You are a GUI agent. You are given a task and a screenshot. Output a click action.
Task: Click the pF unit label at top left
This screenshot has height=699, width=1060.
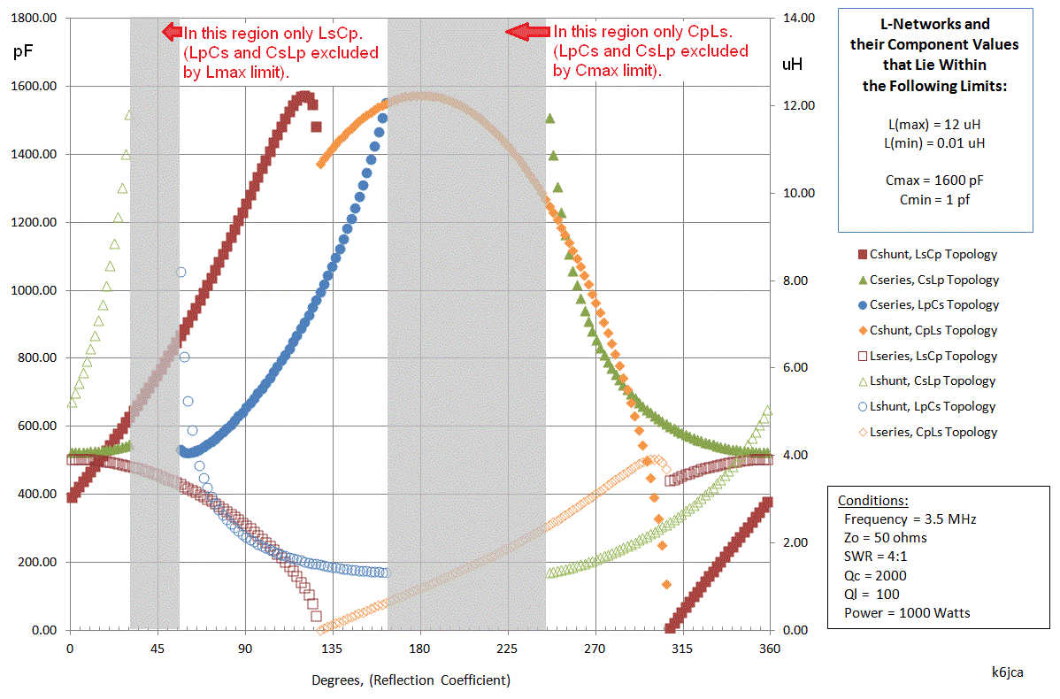coord(24,51)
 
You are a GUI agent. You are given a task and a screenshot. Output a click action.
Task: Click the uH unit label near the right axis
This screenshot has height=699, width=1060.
coord(792,64)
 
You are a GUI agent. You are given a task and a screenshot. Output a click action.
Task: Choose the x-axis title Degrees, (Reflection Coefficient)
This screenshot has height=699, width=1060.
coord(411,680)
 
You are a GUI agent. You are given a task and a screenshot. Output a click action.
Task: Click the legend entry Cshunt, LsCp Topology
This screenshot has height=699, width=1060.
coord(933,254)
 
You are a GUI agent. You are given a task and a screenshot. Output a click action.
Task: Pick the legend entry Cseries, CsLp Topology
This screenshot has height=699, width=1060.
coord(934,280)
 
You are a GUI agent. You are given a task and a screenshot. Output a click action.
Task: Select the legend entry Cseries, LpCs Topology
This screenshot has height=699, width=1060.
coord(934,304)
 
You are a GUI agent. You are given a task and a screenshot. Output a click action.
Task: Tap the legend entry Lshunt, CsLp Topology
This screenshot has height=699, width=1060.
coord(933,381)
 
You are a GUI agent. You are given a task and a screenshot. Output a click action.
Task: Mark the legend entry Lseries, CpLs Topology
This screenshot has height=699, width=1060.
coord(933,433)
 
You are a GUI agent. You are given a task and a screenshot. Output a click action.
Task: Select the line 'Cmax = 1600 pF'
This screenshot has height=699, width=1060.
coord(934,181)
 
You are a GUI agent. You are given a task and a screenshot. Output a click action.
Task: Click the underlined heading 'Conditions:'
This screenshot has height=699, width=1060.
coord(872,500)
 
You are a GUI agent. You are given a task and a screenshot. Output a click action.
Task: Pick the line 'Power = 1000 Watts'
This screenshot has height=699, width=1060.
coord(907,612)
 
